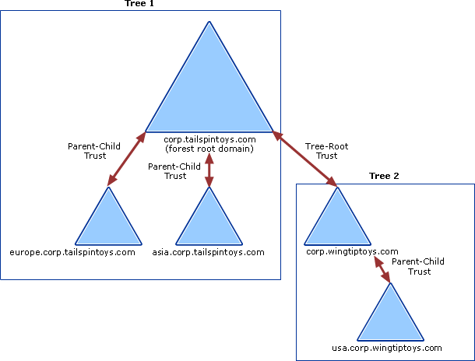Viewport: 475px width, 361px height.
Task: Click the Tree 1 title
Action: (x=140, y=4)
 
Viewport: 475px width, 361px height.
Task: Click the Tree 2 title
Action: (x=384, y=177)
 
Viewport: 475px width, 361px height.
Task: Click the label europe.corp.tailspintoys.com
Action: (x=72, y=252)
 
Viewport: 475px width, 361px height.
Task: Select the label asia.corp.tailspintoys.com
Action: (x=209, y=252)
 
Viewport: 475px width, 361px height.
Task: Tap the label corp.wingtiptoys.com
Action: (x=353, y=252)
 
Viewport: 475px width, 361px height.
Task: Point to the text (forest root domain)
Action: (x=209, y=148)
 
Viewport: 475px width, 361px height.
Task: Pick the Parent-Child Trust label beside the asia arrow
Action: (x=174, y=171)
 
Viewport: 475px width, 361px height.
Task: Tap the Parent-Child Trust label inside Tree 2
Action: (x=418, y=267)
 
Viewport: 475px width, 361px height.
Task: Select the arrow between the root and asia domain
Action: (x=209, y=170)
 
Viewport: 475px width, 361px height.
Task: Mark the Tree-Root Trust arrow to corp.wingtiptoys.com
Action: (x=304, y=159)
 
